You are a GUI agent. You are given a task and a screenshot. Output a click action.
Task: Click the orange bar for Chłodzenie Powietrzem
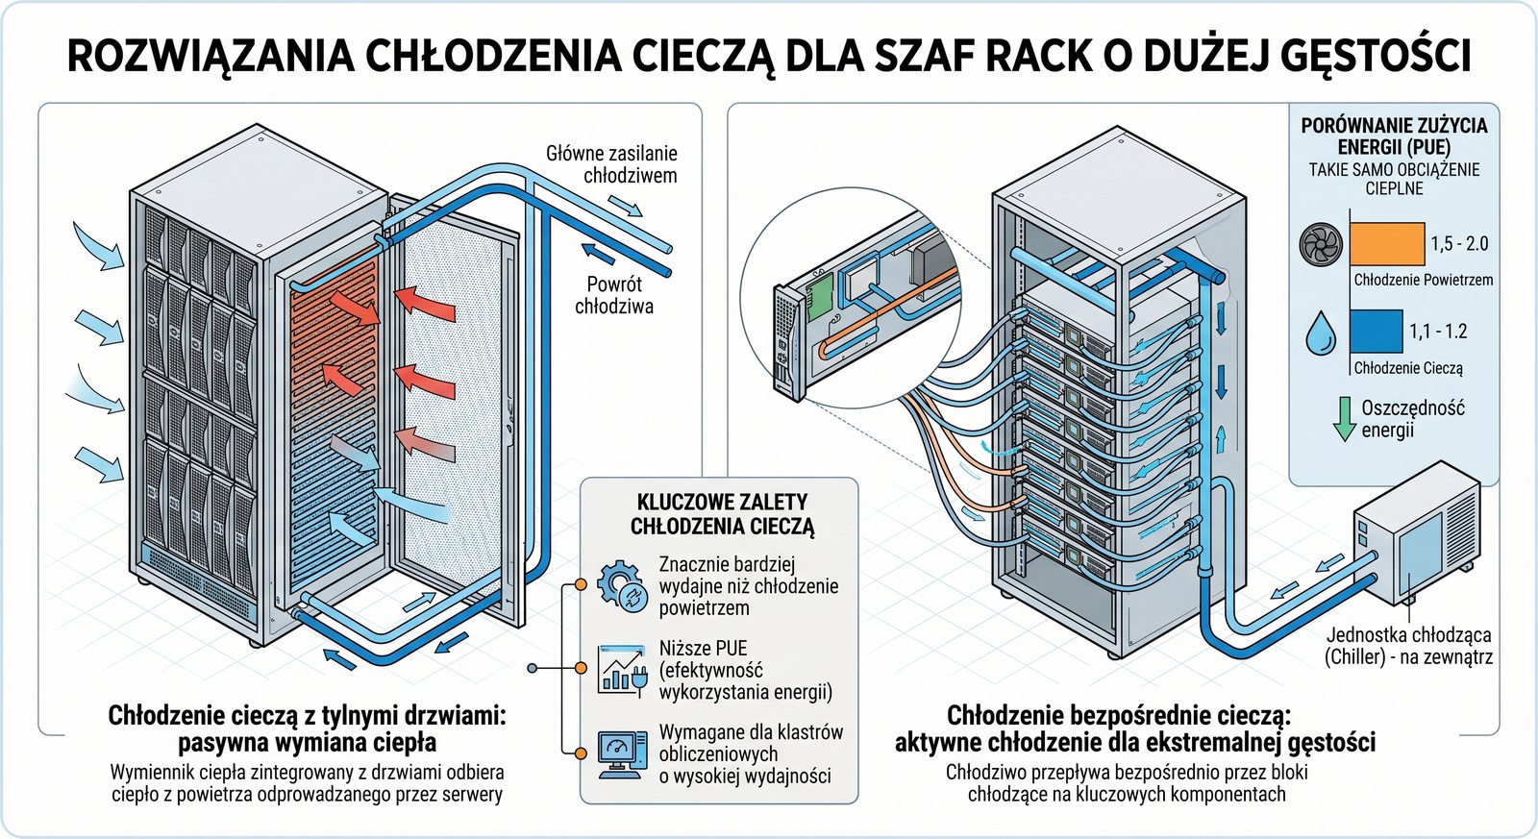point(1386,244)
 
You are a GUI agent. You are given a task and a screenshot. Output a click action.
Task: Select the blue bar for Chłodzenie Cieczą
point(1376,332)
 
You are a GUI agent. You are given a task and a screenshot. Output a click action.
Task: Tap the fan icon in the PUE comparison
point(1320,245)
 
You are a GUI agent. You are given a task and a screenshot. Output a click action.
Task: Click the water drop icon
point(1321,333)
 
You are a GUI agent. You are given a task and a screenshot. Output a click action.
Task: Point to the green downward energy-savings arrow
point(1345,419)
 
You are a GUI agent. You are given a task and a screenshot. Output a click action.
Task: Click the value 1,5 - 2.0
point(1458,244)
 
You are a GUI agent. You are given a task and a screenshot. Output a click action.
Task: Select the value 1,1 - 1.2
point(1438,332)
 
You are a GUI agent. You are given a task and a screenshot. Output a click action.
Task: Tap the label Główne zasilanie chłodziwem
point(611,164)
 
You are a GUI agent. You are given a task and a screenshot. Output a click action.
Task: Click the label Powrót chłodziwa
point(614,295)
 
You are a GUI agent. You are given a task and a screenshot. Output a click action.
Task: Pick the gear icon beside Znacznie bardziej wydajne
point(621,584)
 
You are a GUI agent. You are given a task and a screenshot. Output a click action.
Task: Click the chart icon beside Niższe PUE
point(621,669)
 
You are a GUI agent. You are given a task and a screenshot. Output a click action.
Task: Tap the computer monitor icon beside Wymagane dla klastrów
point(621,753)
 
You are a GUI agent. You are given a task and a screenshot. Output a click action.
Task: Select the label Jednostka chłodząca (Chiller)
point(1408,646)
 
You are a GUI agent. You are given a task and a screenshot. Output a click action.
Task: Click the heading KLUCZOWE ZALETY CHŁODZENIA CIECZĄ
point(722,514)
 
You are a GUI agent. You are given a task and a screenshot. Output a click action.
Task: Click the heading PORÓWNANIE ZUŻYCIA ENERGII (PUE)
point(1394,136)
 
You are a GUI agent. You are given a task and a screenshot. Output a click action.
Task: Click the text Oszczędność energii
point(1412,418)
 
